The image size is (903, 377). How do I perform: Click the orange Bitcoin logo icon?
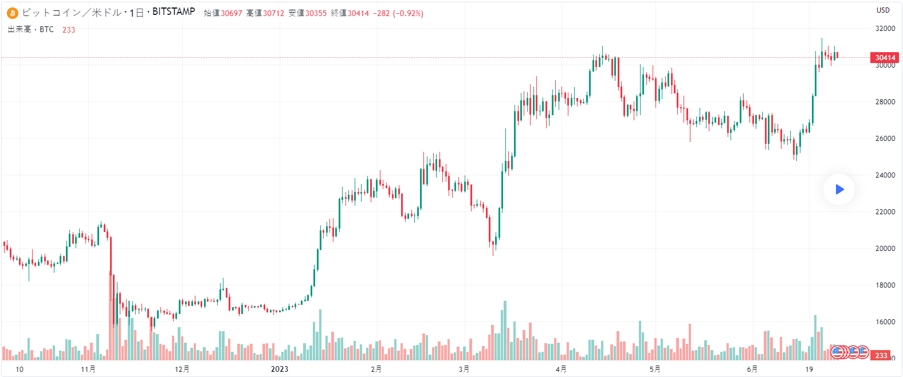pyautogui.click(x=13, y=13)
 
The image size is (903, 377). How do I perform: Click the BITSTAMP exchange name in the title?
pyautogui.click(x=174, y=11)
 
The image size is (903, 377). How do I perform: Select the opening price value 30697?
pyautogui.click(x=231, y=13)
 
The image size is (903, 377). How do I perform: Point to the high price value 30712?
pyautogui.click(x=274, y=13)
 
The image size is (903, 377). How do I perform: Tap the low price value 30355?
pyautogui.click(x=316, y=13)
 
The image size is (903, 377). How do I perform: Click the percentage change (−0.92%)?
pyautogui.click(x=408, y=13)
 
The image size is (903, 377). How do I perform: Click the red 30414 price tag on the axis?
pyautogui.click(x=885, y=57)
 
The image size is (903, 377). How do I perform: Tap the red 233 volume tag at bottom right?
pyautogui.click(x=881, y=356)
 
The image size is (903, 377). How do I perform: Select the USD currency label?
pyautogui.click(x=883, y=10)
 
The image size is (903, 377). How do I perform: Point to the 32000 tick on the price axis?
pyautogui.click(x=885, y=29)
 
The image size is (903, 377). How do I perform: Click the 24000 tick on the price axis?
pyautogui.click(x=885, y=175)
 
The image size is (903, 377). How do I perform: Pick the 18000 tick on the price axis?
pyautogui.click(x=885, y=285)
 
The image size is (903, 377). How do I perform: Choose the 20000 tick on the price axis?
pyautogui.click(x=885, y=249)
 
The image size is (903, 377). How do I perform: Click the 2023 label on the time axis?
pyautogui.click(x=280, y=369)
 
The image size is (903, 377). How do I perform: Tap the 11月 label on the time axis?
pyautogui.click(x=88, y=369)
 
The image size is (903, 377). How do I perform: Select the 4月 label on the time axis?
pyautogui.click(x=561, y=369)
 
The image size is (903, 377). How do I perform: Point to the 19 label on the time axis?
pyautogui.click(x=809, y=369)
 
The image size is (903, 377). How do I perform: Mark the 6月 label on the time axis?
pyautogui.click(x=752, y=369)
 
